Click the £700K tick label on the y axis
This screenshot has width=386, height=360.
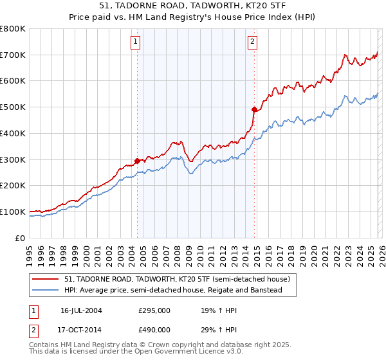(x=13, y=55)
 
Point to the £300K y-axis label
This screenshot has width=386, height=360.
(x=13, y=159)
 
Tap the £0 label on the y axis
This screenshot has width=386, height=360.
(x=21, y=238)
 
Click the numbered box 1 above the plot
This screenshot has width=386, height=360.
(x=136, y=42)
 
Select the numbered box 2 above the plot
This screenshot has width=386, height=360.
(x=252, y=42)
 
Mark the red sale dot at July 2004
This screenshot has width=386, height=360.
(x=138, y=161)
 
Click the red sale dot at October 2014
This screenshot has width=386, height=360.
(x=254, y=109)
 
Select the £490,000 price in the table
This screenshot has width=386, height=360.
(x=154, y=329)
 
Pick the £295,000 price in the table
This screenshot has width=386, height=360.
(x=154, y=310)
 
